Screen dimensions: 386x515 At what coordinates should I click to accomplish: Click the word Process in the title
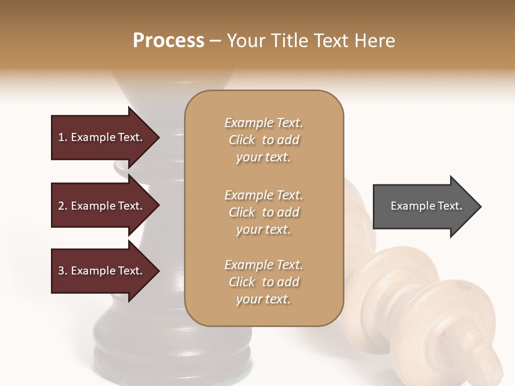point(168,41)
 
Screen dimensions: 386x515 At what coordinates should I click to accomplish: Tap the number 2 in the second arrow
point(61,206)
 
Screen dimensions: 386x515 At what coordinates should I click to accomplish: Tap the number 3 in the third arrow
point(61,271)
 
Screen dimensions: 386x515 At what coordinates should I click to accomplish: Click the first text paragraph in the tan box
point(263,140)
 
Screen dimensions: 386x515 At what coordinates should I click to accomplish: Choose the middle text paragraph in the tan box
point(263,212)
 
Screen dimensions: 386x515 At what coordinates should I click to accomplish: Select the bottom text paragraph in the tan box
point(263,282)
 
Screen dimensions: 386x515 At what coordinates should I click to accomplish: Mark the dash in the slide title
point(216,41)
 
